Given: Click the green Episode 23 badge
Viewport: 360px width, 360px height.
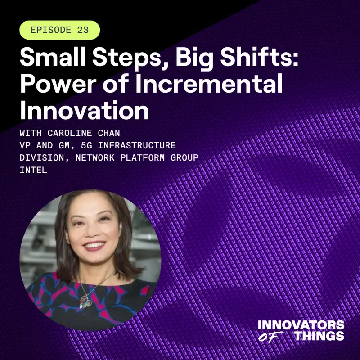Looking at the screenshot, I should pyautogui.click(x=59, y=30).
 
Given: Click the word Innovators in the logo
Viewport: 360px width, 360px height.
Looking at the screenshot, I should pyautogui.click(x=301, y=325).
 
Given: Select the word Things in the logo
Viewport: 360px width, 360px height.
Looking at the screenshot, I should pyautogui.click(x=319, y=336).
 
